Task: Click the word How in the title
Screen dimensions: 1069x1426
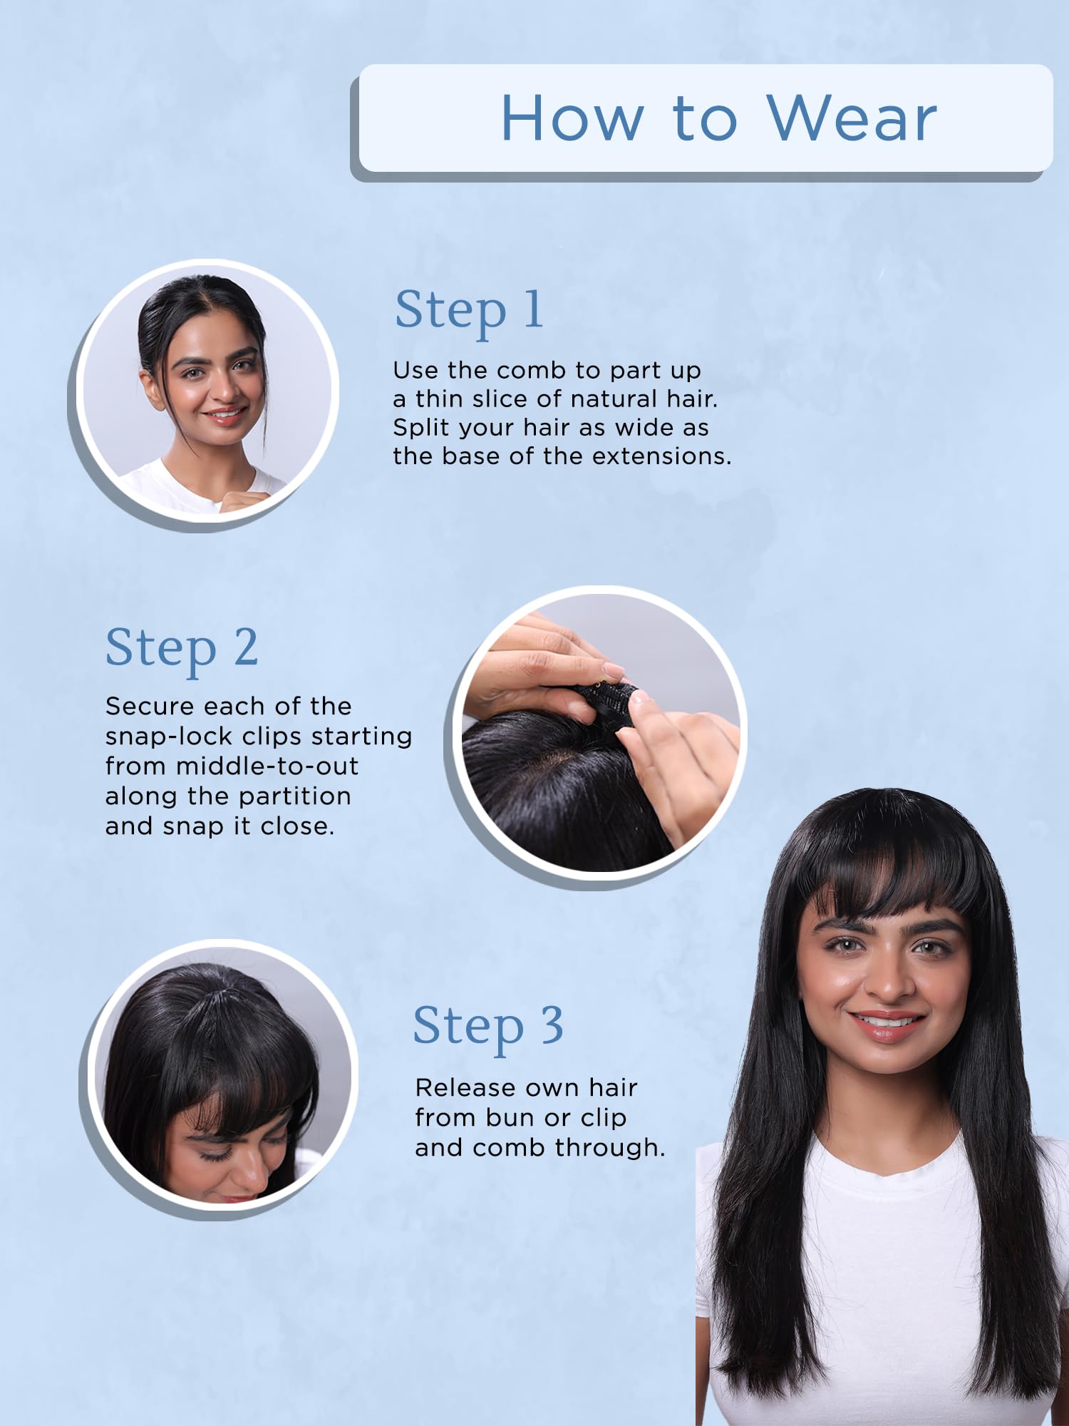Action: pos(573,118)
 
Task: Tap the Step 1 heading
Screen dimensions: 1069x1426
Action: pos(469,310)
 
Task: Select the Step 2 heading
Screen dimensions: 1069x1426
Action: pos(182,648)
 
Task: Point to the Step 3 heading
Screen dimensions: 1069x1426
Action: pos(489,1026)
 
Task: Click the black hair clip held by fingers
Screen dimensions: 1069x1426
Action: pos(606,702)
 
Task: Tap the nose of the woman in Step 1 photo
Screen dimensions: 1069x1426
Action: pos(226,390)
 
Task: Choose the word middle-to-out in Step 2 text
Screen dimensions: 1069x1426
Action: pos(267,766)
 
